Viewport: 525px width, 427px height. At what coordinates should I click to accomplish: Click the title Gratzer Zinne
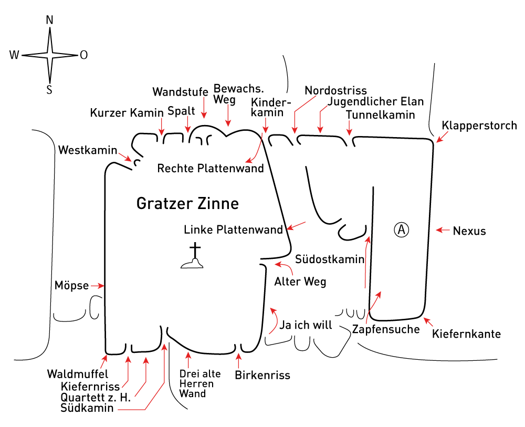tap(187, 203)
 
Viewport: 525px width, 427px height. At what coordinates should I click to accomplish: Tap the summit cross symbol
tap(193, 256)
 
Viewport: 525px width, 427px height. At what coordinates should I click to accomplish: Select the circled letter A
tap(401, 230)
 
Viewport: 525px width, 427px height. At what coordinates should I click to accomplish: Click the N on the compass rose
tap(49, 20)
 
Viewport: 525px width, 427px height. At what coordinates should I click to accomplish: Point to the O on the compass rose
tap(83, 55)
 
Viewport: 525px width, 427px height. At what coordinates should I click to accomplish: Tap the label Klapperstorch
tap(479, 126)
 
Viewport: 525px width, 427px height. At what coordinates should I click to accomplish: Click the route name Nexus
tap(469, 231)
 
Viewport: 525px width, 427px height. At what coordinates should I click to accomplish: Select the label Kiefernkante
tap(466, 334)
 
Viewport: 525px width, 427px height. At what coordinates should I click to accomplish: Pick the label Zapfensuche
tap(386, 329)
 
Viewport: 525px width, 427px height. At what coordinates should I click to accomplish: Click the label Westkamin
tap(88, 150)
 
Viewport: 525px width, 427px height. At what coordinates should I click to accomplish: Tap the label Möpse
tap(71, 286)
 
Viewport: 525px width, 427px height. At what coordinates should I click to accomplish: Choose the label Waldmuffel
tap(78, 374)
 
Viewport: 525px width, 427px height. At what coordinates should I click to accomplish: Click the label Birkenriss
tap(262, 375)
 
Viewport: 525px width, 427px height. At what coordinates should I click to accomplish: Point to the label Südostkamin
tap(330, 259)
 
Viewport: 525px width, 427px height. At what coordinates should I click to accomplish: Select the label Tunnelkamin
tap(380, 115)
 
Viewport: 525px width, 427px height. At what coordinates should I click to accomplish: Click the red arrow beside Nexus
tap(443, 230)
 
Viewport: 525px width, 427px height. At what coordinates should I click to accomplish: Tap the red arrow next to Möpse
tap(98, 286)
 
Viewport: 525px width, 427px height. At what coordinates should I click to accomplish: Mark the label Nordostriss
tap(336, 90)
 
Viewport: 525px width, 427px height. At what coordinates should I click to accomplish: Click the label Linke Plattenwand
tap(234, 230)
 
